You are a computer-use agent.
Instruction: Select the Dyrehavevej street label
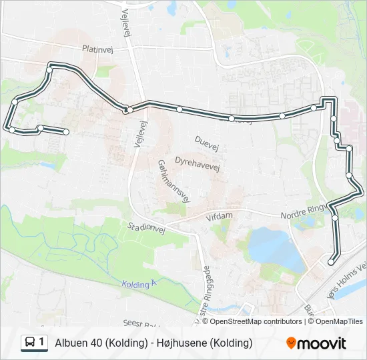pos(197,162)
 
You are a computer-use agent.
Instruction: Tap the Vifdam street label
pos(220,216)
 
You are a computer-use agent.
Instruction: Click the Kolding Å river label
pos(139,283)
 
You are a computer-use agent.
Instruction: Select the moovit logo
pos(316,343)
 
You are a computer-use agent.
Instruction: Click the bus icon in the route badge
pos(30,343)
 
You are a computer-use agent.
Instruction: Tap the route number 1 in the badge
pos(41,342)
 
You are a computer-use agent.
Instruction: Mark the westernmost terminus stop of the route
pos(66,132)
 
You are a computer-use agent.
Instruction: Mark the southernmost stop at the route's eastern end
pos(331,263)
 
